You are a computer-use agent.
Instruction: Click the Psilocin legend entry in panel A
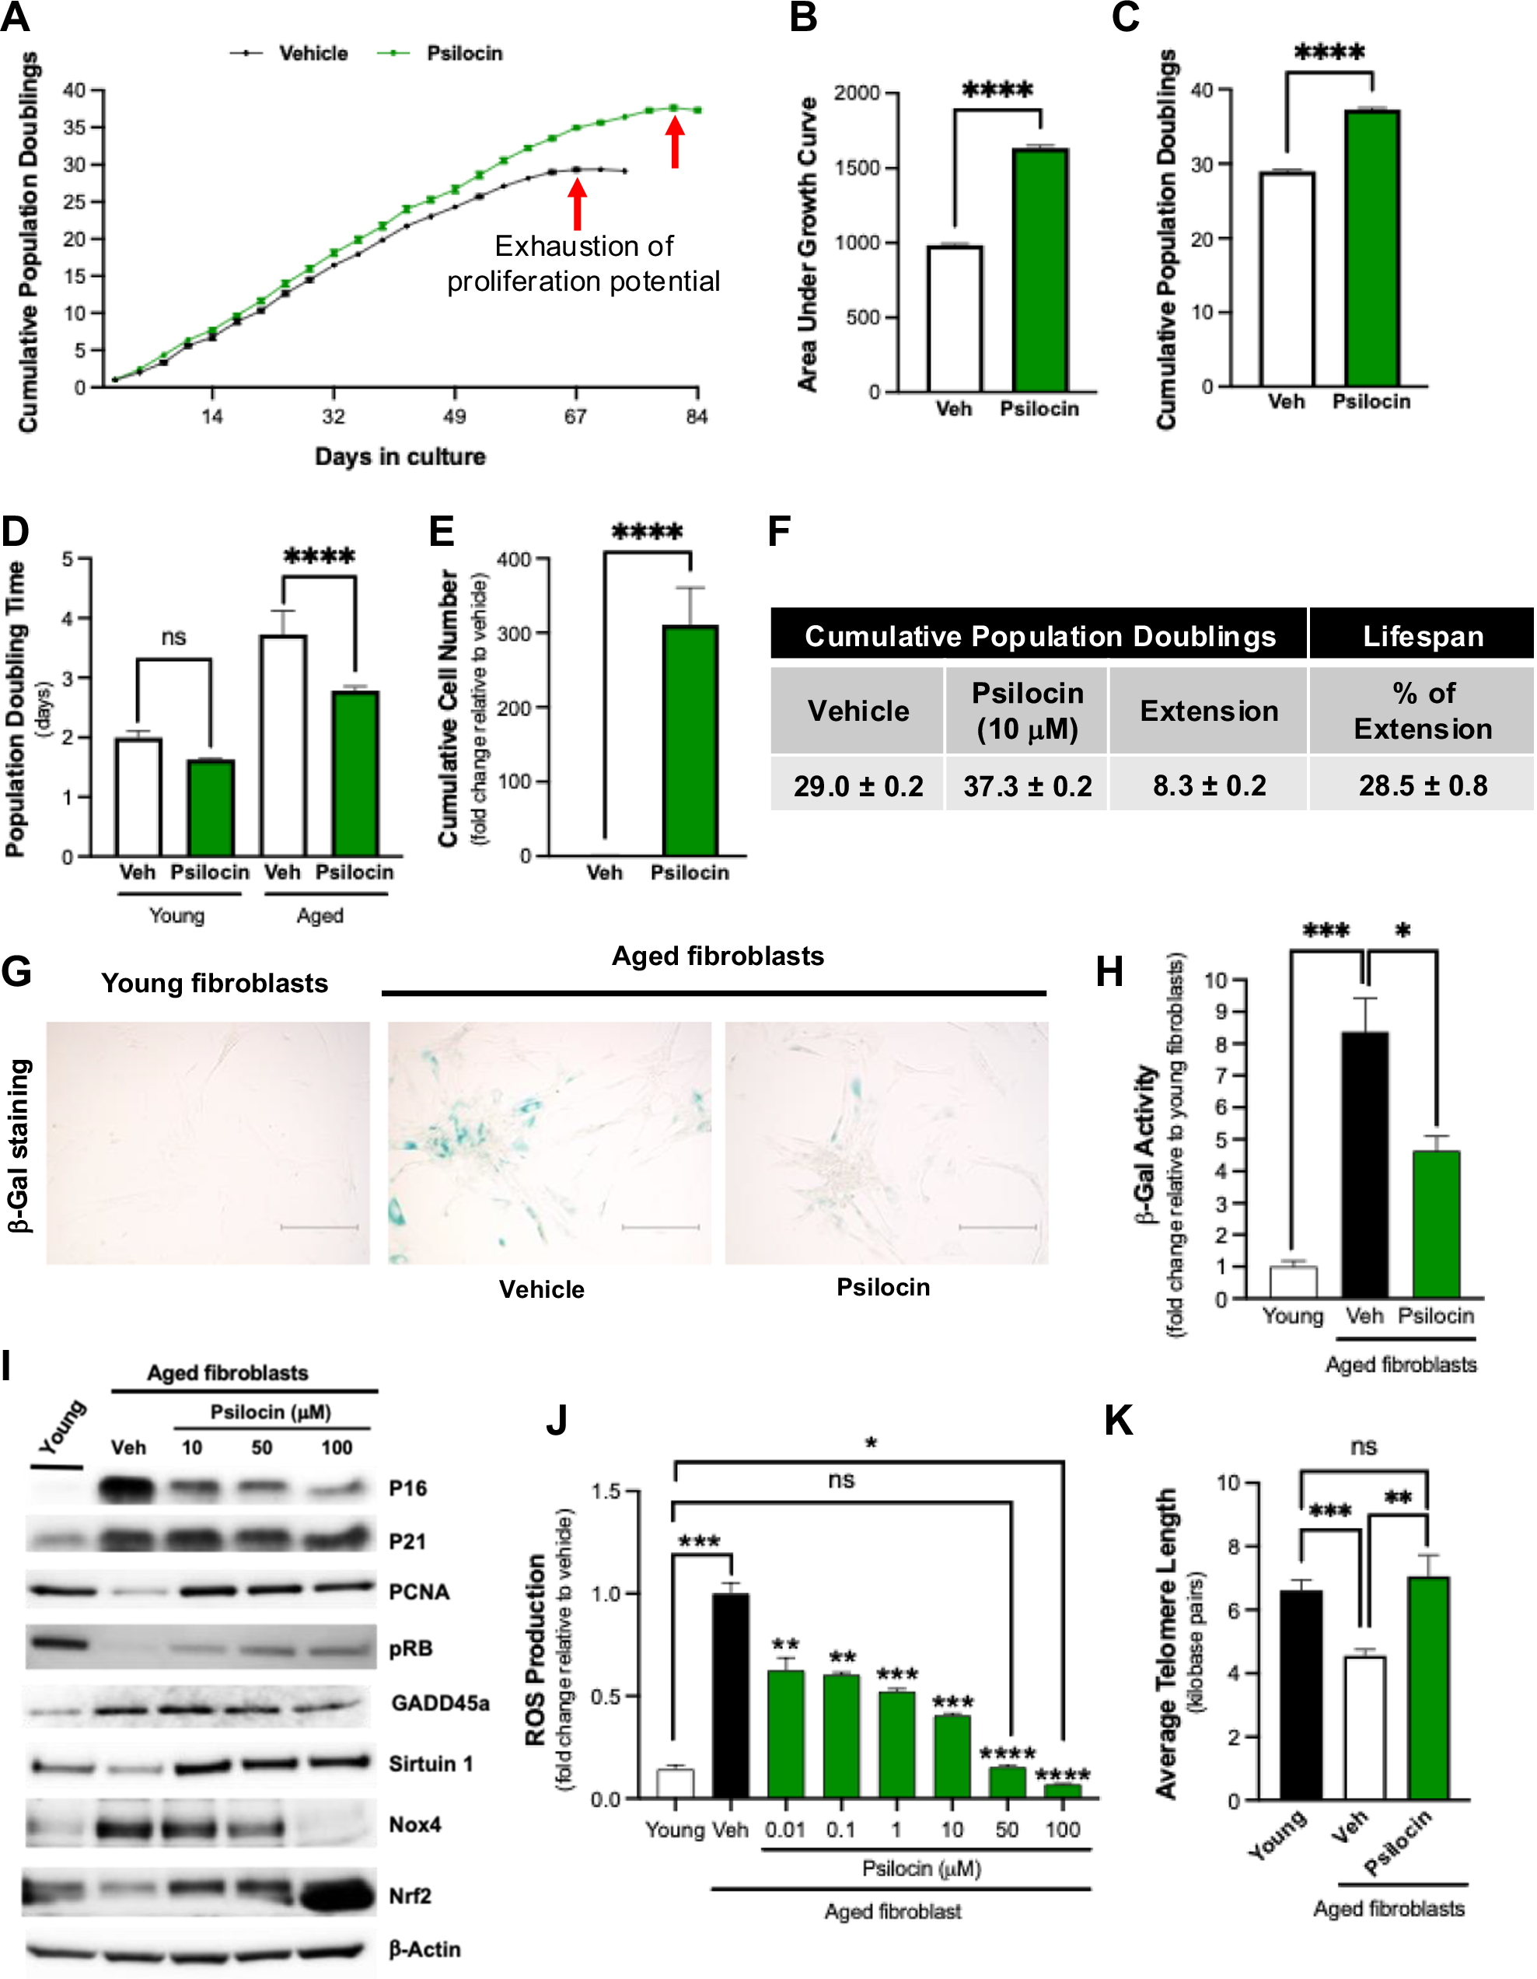463,54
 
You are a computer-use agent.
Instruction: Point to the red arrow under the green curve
674,143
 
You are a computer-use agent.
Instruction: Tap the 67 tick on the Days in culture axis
575,417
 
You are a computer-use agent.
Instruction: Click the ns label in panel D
173,637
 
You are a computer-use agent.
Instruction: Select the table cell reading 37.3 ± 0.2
1027,785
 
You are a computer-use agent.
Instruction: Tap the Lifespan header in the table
1422,636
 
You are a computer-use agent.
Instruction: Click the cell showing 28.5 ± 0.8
1422,785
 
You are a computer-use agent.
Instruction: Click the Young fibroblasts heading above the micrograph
214,983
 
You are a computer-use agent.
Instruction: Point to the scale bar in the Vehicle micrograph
660,1227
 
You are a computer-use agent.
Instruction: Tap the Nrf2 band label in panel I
410,1896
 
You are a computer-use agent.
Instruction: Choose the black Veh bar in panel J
730,1694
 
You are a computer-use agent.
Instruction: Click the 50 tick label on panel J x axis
1006,1830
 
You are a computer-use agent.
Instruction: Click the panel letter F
779,531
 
